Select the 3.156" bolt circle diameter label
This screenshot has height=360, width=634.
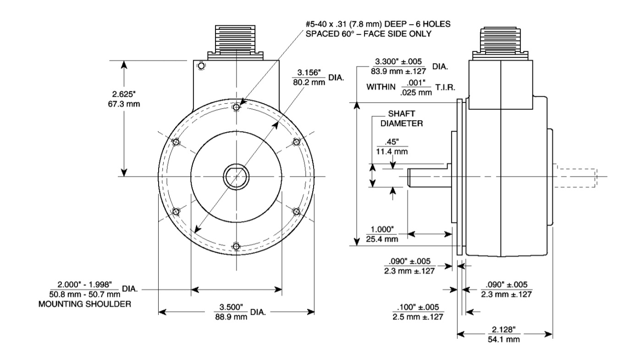click(308, 73)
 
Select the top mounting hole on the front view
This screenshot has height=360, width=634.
click(236, 107)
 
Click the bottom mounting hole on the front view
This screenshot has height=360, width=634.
click(236, 247)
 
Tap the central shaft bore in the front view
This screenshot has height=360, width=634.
click(236, 177)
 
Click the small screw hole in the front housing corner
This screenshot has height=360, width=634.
click(200, 67)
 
